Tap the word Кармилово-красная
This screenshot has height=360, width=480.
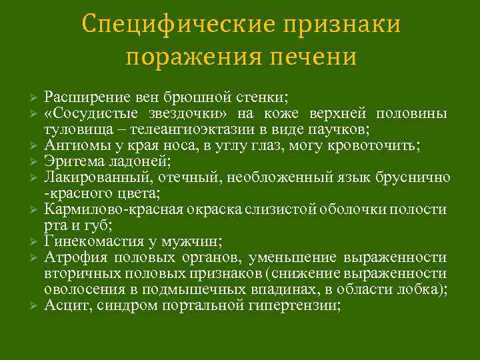109,209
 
